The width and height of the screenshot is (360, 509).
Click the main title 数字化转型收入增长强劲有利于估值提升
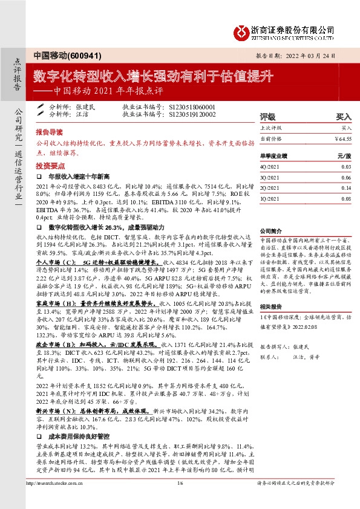pos(154,76)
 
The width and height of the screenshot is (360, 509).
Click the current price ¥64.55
pos(342,138)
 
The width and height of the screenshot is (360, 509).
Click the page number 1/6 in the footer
pos(180,499)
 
